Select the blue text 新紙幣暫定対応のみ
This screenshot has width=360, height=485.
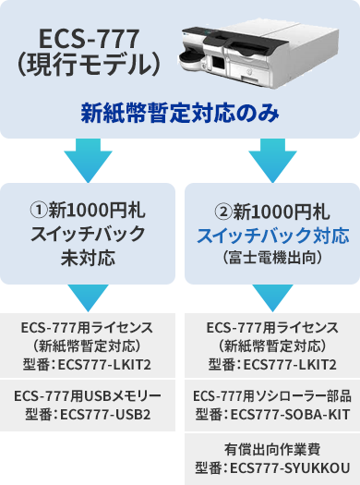pos(179,115)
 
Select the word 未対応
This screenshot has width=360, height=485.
pos(89,258)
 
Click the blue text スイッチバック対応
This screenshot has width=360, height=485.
pos(270,235)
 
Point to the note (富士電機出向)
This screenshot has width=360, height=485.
pos(270,258)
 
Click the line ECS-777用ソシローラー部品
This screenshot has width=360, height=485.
pos(270,396)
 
